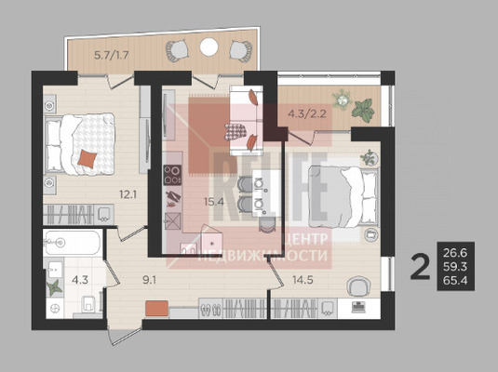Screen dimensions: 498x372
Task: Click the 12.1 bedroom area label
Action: pos(128,194)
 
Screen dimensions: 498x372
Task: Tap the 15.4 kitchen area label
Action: pos(214,202)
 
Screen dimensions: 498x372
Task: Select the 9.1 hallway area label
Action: pos(149,280)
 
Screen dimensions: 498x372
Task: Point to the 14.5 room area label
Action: pos(303,280)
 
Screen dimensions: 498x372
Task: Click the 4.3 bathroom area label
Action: pos(80,280)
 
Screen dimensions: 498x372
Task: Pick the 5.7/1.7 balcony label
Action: pos(112,55)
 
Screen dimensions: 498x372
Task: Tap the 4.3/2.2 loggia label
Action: pos(307,113)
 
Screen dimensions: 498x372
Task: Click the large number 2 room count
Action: pos(420,268)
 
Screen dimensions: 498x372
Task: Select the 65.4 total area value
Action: pos(455,281)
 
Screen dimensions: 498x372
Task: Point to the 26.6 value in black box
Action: pos(455,253)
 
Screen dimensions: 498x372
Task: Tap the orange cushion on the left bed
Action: pos(87,159)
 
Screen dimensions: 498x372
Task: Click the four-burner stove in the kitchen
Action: pos(172,175)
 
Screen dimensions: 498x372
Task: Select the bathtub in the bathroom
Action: pos(73,243)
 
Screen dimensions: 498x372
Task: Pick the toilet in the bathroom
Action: pos(88,305)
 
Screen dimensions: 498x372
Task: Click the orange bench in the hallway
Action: pos(156,309)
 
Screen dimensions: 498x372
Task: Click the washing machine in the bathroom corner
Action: pos(54,308)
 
